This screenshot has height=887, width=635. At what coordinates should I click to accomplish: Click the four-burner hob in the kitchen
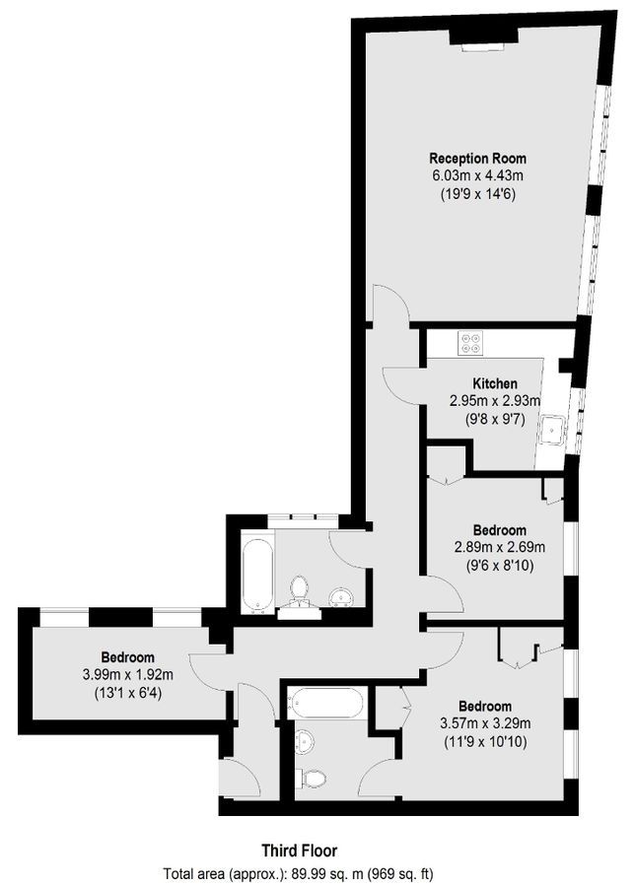click(x=471, y=344)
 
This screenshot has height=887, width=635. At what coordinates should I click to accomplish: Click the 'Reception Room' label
click(x=477, y=158)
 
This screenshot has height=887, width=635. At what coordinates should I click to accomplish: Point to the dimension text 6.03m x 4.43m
click(x=477, y=175)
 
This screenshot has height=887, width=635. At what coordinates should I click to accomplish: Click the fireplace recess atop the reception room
click(x=483, y=36)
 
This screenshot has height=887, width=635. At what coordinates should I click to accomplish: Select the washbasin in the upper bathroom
click(x=341, y=595)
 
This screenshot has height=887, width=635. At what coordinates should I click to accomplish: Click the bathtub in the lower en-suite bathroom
click(x=325, y=703)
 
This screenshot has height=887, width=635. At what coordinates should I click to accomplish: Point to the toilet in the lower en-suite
click(x=313, y=778)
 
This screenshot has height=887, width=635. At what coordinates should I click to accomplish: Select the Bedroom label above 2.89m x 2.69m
click(x=498, y=530)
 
